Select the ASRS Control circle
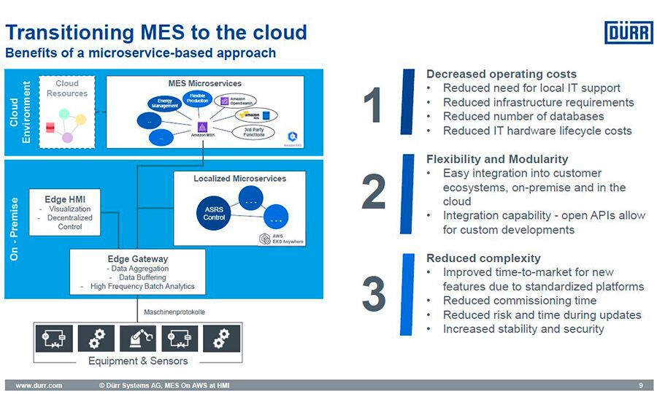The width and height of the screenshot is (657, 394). click(x=215, y=213)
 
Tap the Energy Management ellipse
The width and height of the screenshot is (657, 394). click(x=164, y=104)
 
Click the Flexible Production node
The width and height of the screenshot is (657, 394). click(x=198, y=98)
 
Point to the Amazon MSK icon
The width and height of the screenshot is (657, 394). click(x=202, y=128)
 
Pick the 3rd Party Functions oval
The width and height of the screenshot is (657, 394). click(x=254, y=132)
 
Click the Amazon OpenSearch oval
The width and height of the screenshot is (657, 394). click(x=239, y=100)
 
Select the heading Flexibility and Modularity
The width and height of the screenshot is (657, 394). click(x=496, y=159)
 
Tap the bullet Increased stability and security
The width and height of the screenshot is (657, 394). click(x=523, y=329)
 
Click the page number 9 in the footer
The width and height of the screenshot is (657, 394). click(x=640, y=385)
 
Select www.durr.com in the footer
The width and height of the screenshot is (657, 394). click(x=39, y=385)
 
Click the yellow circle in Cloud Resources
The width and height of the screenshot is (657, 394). click(x=81, y=119)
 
